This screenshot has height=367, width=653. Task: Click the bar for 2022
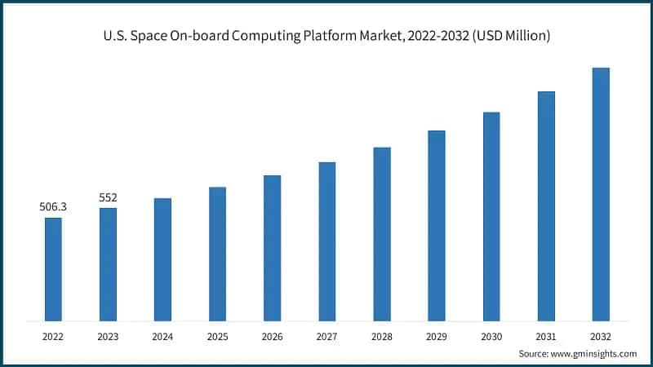click(x=53, y=268)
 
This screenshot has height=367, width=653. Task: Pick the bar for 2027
click(x=326, y=241)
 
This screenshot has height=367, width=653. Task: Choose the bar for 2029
click(x=437, y=224)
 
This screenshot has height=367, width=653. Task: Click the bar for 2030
click(x=491, y=215)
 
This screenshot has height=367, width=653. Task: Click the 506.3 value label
click(x=53, y=207)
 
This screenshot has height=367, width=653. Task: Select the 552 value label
click(x=108, y=197)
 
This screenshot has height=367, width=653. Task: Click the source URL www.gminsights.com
click(x=595, y=353)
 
